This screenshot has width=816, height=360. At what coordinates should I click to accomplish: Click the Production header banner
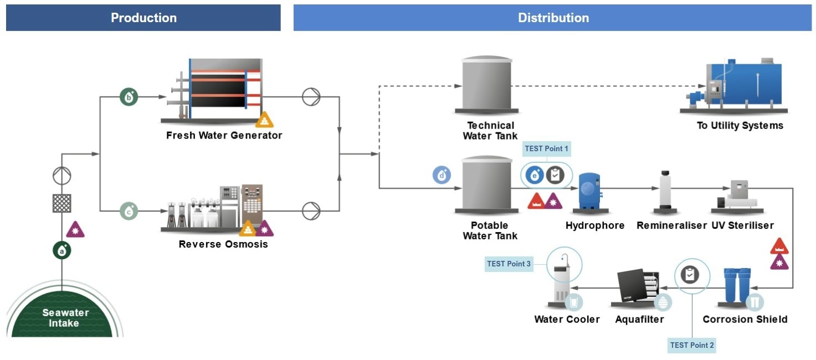pyautogui.click(x=143, y=18)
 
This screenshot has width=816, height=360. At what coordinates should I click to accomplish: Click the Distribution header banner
pyautogui.click(x=552, y=18)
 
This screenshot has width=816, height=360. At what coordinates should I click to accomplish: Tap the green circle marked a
pyautogui.click(x=62, y=250)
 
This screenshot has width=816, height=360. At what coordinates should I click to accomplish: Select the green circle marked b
pyautogui.click(x=129, y=97)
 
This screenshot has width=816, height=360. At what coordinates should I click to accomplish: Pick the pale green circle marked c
pyautogui.click(x=129, y=211)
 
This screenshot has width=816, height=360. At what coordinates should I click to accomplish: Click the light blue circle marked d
pyautogui.click(x=442, y=176)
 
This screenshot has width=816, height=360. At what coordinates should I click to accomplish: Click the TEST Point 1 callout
pyautogui.click(x=546, y=148)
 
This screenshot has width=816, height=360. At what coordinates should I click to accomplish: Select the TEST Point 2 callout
pyautogui.click(x=692, y=345)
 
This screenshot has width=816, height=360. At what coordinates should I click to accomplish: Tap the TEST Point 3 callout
pyautogui.click(x=509, y=264)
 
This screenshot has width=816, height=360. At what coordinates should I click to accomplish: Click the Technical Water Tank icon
pyautogui.click(x=487, y=85)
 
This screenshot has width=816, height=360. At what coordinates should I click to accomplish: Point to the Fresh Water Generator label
pyautogui.click(x=224, y=135)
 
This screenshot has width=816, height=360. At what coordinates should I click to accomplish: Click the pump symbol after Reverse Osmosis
pyautogui.click(x=311, y=211)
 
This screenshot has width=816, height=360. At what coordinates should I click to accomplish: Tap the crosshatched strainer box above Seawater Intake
pyautogui.click(x=62, y=203)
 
